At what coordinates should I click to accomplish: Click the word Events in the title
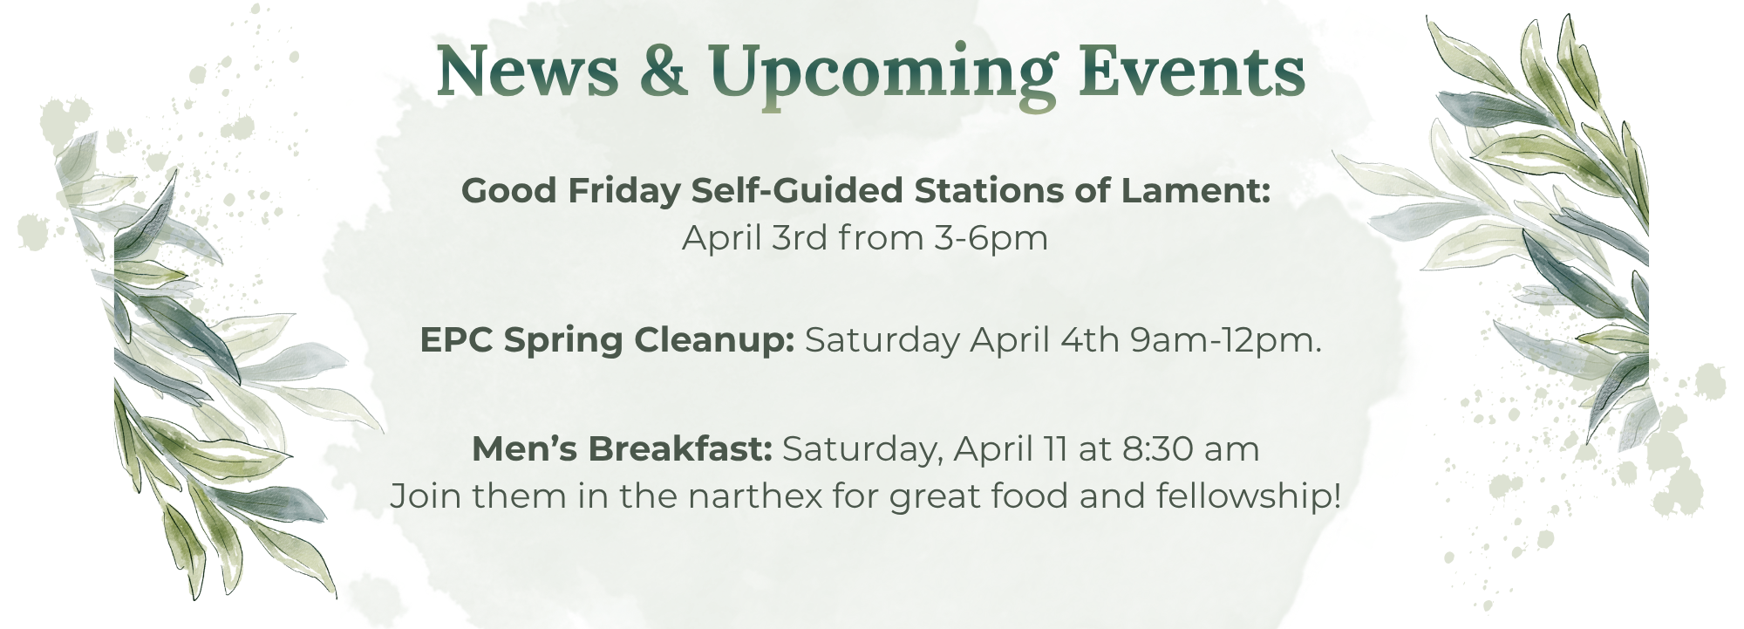[x=1191, y=72]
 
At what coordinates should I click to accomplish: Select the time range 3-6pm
[x=991, y=237]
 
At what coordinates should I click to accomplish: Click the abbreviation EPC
[x=456, y=339]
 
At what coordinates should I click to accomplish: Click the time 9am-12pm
[x=1225, y=340]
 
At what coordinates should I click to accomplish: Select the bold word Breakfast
[x=681, y=448]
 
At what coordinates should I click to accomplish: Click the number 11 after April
[x=1055, y=448]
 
